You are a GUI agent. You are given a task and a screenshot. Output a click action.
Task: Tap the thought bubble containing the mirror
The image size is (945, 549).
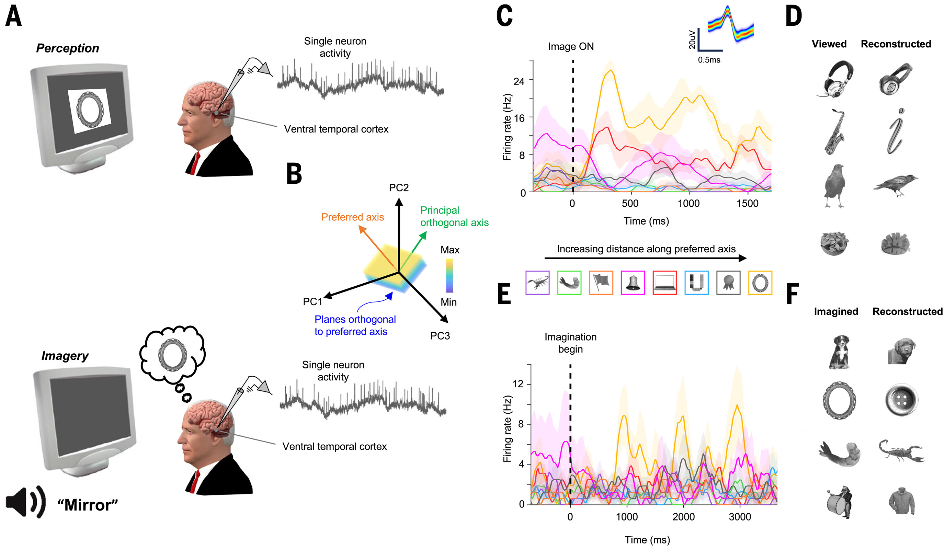coord(172,354)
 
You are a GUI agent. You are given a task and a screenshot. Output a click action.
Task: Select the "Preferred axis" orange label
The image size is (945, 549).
coord(353,217)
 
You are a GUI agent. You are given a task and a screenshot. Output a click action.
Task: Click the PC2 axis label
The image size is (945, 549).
coord(399,187)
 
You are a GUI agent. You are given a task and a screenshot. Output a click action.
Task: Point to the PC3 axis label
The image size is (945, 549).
coord(440,336)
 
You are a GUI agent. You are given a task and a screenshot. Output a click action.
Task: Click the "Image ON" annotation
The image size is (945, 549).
coord(571,46)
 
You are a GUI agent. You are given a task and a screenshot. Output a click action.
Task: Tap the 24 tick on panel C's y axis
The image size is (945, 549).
coord(519,81)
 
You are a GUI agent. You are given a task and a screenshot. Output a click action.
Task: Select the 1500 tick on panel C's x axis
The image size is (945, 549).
coord(747,204)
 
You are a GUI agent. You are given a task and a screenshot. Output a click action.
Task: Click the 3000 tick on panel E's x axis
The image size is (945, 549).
coord(740,517)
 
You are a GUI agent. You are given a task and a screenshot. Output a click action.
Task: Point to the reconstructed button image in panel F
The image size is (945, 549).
coord(901,400)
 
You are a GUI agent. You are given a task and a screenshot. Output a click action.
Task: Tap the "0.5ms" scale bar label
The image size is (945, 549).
coord(709,60)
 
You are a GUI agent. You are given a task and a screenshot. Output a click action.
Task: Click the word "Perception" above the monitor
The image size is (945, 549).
coord(68,48)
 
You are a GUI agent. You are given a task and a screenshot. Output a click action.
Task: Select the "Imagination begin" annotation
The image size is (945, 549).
coord(570,343)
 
